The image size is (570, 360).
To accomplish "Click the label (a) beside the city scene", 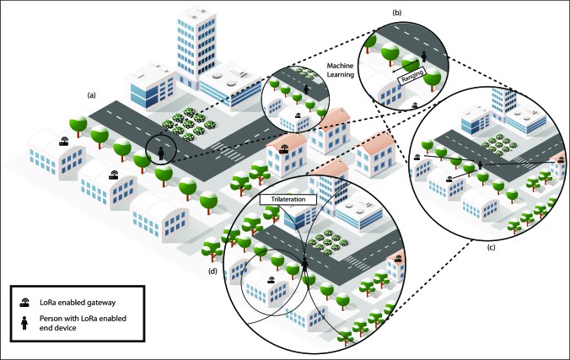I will [x=91, y=96].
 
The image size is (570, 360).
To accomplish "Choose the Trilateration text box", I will [x=288, y=199].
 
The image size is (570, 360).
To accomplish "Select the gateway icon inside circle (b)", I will [x=414, y=105].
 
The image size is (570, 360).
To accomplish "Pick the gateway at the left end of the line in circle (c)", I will [x=417, y=157].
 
